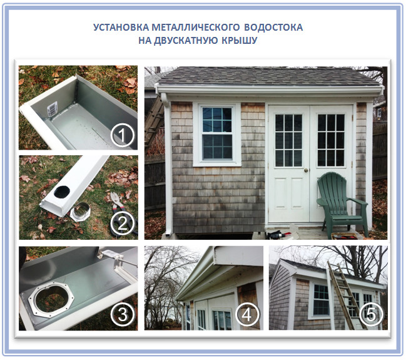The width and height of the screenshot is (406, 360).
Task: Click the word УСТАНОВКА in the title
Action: [121, 28]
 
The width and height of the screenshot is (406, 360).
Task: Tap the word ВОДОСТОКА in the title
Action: [273, 28]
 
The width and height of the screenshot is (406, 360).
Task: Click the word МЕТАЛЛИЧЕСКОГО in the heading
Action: [196, 28]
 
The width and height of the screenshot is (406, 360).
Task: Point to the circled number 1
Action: [123, 135]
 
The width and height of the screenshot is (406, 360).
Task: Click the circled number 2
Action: [123, 224]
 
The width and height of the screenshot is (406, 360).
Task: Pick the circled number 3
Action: [123, 314]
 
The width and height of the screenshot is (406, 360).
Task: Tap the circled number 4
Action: [247, 314]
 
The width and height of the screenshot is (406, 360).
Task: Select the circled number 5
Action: [371, 314]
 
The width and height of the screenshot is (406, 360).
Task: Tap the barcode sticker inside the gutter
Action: [53, 108]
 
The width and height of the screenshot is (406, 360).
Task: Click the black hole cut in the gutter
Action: [62, 192]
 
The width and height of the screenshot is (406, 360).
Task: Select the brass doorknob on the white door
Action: [306, 170]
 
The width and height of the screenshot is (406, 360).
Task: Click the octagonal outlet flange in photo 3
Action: [51, 299]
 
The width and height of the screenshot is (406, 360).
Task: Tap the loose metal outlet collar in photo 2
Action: [81, 212]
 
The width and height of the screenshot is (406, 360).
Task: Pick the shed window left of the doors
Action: [217, 134]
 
